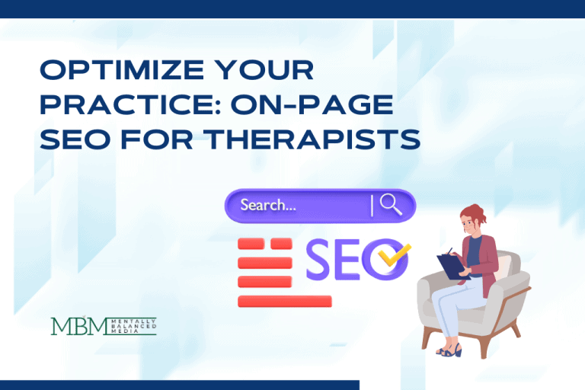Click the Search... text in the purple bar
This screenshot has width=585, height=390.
[268, 205]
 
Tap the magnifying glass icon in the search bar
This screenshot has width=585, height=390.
[390, 205]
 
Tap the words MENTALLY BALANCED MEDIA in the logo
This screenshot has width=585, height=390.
[131, 325]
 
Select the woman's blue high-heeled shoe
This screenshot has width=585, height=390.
[449, 350]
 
